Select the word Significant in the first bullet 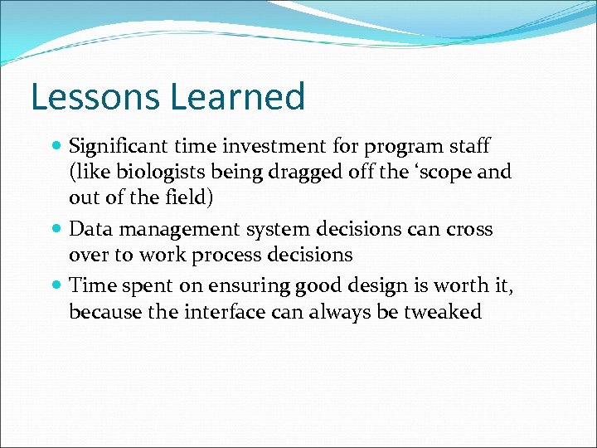[119, 147]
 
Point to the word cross [469, 229]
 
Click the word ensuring [245, 285]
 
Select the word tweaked [447, 311]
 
